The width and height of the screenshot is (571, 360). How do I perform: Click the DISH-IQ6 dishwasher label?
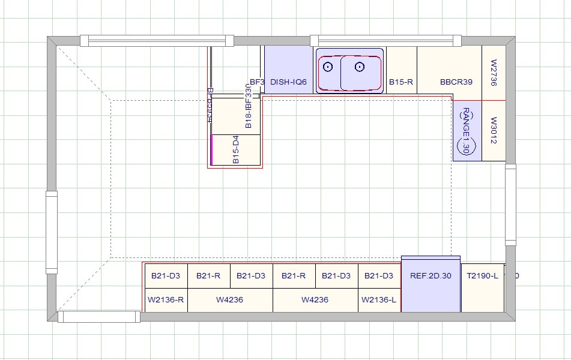(289, 82)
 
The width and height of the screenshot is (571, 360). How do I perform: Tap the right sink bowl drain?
(360, 67)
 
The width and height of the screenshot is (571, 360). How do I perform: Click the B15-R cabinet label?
(401, 82)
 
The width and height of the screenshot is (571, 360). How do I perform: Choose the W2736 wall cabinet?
(494, 72)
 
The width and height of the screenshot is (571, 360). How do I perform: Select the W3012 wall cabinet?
(494, 130)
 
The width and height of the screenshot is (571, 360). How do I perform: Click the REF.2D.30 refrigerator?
(431, 276)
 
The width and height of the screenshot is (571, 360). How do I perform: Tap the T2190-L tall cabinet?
(483, 276)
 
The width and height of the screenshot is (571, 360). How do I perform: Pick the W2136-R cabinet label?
(166, 299)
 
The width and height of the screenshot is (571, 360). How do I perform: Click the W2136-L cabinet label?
(379, 299)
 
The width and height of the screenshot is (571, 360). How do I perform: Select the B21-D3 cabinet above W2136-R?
(166, 276)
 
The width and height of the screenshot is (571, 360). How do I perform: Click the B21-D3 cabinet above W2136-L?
(379, 276)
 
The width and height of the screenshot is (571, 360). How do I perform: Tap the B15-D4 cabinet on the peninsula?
(236, 149)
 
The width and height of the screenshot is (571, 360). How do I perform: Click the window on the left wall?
(52, 232)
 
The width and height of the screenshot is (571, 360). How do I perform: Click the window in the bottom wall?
(99, 316)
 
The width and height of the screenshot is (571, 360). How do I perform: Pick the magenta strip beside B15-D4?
(211, 149)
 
